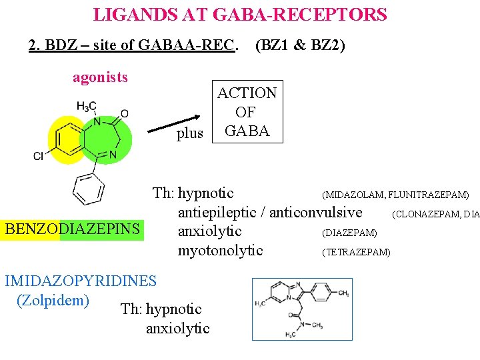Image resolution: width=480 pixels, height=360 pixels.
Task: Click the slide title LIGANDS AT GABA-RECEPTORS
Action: point(239,14)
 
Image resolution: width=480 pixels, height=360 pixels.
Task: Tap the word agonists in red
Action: point(100,77)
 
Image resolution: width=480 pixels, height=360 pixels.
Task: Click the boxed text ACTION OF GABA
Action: point(247,112)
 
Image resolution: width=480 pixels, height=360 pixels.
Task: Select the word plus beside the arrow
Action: point(190,133)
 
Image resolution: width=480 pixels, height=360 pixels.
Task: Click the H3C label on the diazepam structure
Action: point(86,107)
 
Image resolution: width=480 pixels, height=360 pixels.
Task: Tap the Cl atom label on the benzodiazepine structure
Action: point(39,156)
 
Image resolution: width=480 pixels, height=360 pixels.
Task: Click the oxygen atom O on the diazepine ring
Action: point(124,113)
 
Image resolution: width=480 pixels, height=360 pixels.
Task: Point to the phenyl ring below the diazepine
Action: point(87,188)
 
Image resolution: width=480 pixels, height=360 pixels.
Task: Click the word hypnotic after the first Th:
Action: point(206,193)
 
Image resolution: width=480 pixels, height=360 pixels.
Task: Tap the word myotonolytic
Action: point(220,251)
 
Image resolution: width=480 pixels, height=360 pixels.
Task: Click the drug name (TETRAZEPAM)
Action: point(356,252)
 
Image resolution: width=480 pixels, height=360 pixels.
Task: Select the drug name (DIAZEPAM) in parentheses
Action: point(349,233)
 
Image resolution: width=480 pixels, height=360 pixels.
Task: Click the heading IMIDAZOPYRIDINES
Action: point(81,281)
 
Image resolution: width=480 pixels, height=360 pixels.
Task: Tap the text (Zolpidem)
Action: point(53,300)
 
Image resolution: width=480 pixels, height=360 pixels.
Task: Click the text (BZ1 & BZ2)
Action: point(300,46)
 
